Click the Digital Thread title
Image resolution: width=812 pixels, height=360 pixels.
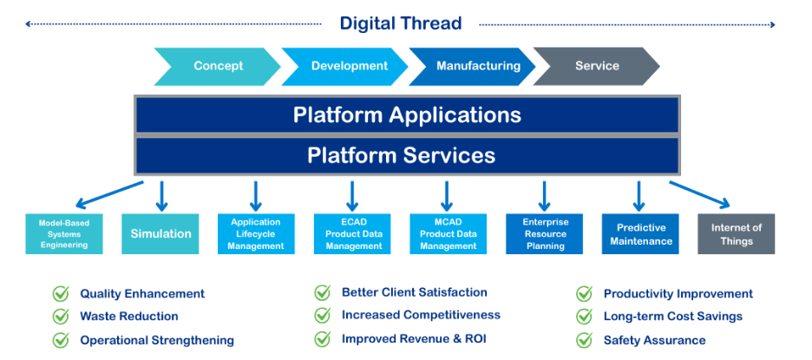coord(400,23)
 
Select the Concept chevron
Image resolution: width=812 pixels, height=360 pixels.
coord(218,66)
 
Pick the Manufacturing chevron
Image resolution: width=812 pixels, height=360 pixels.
coord(472,66)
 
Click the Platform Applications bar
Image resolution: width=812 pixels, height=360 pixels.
coord(407,115)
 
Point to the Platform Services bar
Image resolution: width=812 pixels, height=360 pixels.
coord(407,155)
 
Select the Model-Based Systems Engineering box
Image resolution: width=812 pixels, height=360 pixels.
coord(64,234)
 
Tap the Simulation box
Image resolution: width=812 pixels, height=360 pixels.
coord(160,234)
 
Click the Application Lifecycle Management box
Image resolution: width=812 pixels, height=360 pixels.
coord(256,234)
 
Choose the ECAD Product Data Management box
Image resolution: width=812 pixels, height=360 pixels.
coord(352,234)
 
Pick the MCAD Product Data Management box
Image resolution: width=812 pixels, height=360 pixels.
coord(449,234)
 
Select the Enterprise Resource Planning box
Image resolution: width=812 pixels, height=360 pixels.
coord(544,234)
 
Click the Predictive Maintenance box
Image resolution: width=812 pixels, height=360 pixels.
coord(640,234)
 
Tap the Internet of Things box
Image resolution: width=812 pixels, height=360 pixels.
coord(737,234)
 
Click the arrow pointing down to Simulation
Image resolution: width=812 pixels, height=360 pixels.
coord(161,196)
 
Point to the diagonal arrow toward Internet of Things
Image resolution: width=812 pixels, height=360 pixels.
coord(699,194)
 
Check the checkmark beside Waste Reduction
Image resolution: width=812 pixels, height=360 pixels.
coord(61,316)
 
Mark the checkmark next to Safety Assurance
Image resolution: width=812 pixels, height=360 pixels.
coord(584,340)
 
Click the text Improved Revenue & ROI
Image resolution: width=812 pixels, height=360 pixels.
coord(414,339)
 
